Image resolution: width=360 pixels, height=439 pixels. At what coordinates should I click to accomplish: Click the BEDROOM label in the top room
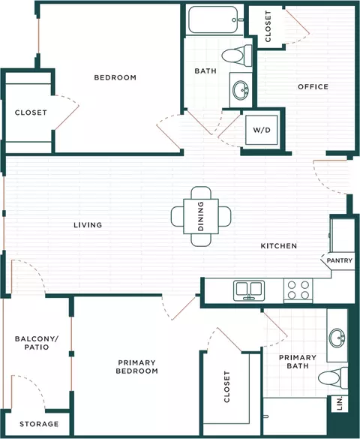pos(115,77)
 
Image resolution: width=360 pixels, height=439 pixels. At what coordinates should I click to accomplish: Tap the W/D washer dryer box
pos(262,130)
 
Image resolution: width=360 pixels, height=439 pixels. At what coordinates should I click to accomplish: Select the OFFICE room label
pos(313,87)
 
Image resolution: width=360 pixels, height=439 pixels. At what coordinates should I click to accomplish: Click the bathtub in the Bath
pos(213,20)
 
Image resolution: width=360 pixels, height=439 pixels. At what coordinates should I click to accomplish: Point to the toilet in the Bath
pos(237,56)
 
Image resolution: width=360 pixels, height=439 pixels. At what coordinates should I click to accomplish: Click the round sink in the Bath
pos(241,90)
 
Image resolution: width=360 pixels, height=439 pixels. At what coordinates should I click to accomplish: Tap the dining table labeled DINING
pos(201,216)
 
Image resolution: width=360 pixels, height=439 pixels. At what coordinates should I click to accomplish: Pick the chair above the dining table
pos(201,193)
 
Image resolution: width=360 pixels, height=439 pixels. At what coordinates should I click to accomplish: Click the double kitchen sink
pos(249,290)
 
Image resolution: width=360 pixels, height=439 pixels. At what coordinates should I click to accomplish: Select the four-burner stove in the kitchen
pos(298,290)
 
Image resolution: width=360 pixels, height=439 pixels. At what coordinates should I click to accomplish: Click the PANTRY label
pos(339,260)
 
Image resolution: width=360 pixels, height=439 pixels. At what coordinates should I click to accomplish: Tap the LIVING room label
pos(88,225)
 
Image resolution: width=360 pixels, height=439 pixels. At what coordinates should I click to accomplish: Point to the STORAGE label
pos(39,424)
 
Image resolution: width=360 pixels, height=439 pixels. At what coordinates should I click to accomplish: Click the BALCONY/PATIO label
pos(37,343)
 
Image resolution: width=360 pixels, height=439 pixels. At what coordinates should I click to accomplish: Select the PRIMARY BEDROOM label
pos(136,367)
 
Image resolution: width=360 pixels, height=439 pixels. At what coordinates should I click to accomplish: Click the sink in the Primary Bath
pos(337,338)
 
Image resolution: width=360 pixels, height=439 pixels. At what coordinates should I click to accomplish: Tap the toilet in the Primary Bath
pos(333,377)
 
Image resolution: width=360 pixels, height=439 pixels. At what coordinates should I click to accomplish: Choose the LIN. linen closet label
pos(340,404)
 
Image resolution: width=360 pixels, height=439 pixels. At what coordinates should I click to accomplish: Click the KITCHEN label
pos(278,246)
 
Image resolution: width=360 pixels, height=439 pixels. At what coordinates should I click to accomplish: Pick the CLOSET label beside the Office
pos(268,26)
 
